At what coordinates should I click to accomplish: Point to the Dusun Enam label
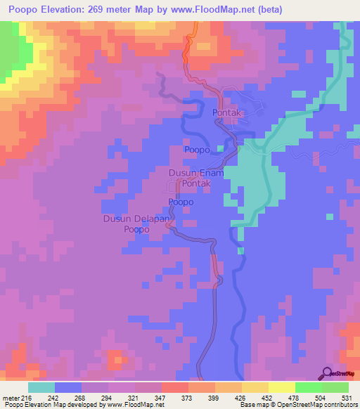pos(196,172)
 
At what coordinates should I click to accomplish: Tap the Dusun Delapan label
pos(137,219)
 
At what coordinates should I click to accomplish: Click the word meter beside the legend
pos(8,398)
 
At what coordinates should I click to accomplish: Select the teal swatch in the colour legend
pos(41,387)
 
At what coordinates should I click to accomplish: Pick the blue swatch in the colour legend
pos(68,387)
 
